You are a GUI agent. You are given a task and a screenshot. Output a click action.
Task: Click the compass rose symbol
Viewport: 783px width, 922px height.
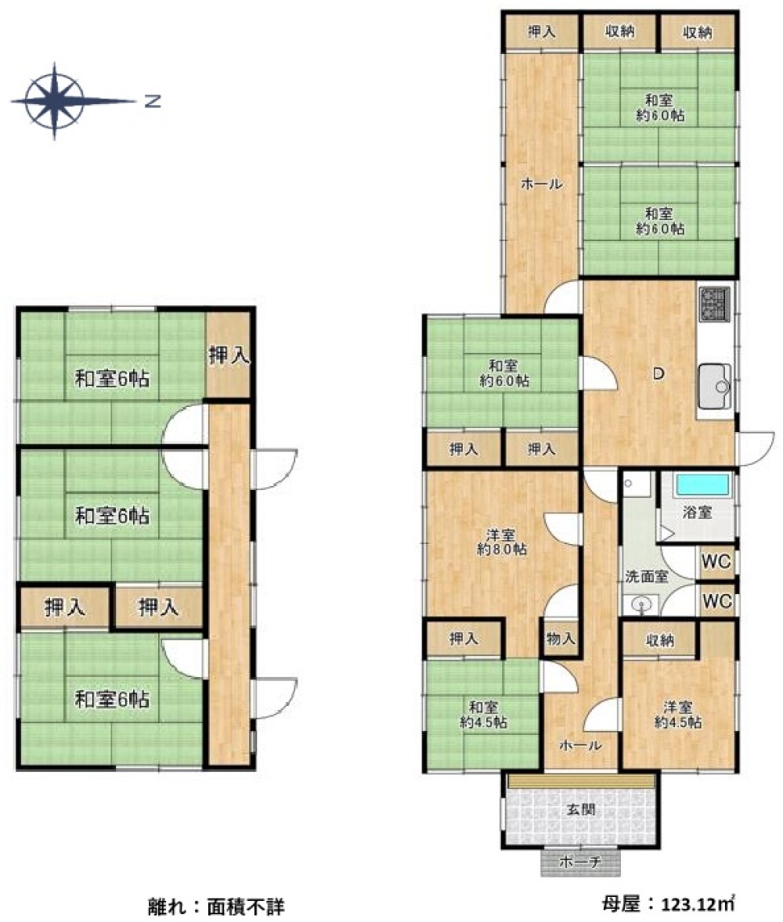(x=55, y=101)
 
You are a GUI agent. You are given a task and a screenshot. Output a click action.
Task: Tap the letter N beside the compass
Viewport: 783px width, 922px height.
(x=153, y=101)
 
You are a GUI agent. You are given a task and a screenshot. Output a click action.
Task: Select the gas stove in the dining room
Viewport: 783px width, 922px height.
(x=714, y=304)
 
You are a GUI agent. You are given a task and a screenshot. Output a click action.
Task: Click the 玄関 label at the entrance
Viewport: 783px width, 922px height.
(x=581, y=810)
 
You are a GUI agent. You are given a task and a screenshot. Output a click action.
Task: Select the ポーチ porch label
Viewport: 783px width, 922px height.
(x=580, y=862)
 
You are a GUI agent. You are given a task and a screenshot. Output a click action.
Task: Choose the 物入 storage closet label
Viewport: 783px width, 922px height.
(x=560, y=638)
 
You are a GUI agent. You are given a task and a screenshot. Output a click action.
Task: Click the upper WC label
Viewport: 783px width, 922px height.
(x=716, y=561)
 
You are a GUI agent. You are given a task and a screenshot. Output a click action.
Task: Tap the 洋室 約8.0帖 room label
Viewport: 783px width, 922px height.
(x=501, y=542)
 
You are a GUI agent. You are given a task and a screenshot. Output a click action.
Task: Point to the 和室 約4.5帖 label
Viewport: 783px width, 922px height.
(x=483, y=715)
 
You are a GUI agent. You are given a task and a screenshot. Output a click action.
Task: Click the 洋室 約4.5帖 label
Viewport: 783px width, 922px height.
(x=678, y=715)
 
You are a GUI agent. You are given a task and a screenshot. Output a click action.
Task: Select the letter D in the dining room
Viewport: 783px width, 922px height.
(x=659, y=373)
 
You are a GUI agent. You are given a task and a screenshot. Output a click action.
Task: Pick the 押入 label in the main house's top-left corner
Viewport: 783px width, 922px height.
(x=541, y=32)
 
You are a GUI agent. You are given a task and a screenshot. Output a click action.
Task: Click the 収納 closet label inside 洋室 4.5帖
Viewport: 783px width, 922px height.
(x=659, y=639)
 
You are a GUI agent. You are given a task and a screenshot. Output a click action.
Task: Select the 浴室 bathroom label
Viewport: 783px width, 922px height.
(x=697, y=512)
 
